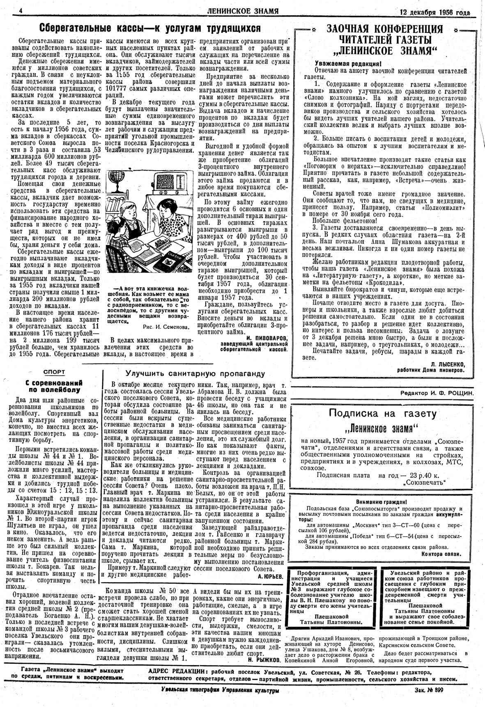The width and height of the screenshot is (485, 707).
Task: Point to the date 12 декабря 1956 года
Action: (435, 12)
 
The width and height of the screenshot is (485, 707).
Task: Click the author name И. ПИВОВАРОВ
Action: (267, 337)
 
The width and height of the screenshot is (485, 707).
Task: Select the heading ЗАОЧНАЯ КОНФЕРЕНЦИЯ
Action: (384, 29)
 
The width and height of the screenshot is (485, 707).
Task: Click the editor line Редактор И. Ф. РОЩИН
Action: (437, 393)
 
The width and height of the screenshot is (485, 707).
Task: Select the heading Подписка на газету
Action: (382, 414)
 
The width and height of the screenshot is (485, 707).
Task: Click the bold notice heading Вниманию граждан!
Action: (382, 501)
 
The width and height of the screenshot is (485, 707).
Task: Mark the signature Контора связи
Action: (441, 554)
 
